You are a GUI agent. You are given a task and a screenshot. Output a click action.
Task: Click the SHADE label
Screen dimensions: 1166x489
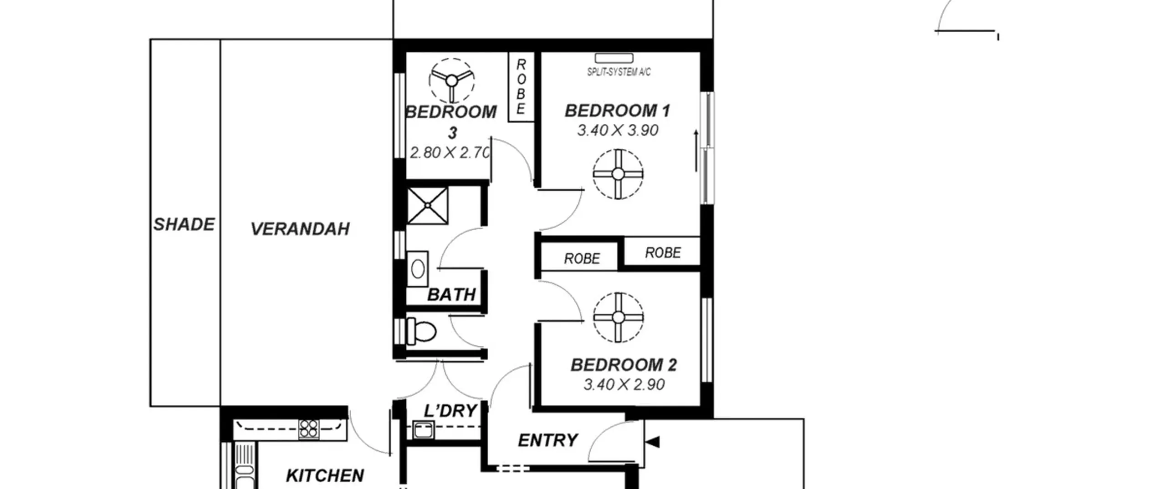[184, 224]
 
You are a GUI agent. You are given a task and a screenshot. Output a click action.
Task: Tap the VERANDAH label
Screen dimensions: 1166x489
[300, 229]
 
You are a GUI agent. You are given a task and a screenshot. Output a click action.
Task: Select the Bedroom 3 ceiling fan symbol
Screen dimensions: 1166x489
[451, 81]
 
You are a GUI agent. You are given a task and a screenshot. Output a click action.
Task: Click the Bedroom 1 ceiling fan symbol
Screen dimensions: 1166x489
[618, 174]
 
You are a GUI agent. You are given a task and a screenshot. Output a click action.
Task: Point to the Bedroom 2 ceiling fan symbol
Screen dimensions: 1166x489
[618, 317]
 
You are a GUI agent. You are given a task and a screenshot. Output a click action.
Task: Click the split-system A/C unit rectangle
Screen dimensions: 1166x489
[614, 58]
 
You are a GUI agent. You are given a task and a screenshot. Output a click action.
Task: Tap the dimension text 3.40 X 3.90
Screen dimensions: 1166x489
[618, 131]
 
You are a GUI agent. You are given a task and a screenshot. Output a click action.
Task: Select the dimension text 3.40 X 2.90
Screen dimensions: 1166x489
[624, 385]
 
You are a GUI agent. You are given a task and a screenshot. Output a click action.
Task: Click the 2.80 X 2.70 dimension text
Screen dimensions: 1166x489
[450, 152]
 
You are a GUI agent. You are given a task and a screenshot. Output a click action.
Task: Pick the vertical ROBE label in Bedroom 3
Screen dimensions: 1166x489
[521, 86]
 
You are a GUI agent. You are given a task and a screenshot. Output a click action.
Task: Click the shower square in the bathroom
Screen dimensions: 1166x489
[427, 206]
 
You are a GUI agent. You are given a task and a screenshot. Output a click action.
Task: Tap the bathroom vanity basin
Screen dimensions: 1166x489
[418, 269]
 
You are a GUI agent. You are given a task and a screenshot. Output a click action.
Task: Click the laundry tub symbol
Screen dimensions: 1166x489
[423, 430]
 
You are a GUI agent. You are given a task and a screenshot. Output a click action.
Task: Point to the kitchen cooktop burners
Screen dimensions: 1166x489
[309, 429]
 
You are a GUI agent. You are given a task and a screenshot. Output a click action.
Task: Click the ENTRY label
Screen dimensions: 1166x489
[548, 440]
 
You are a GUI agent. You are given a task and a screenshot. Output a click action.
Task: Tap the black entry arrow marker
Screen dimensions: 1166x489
[653, 442]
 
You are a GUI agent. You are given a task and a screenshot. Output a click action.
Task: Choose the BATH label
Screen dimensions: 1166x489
[451, 295]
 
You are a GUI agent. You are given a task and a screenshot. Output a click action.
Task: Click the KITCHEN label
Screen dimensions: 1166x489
[325, 476]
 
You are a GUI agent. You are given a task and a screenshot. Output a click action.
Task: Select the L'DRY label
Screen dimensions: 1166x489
[450, 411]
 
